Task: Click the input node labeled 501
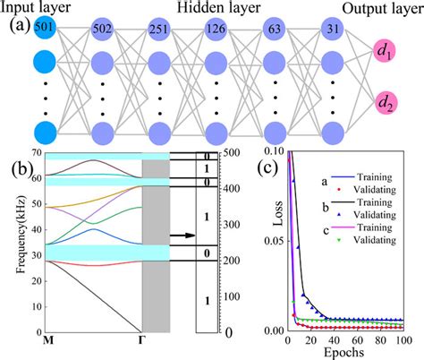(42, 29)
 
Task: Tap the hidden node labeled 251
(159, 29)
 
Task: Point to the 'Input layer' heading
(39, 8)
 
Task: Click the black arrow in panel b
(182, 236)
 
